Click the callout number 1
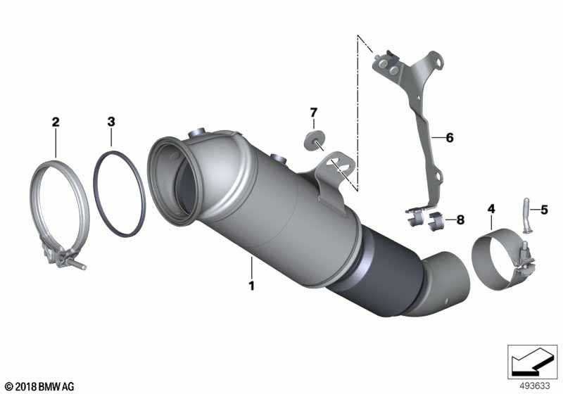(x=252, y=286)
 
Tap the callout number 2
(x=56, y=122)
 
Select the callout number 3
(x=111, y=122)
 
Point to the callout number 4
(x=491, y=209)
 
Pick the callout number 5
(x=544, y=210)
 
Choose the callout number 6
(x=450, y=137)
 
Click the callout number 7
(x=314, y=113)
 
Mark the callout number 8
(x=460, y=220)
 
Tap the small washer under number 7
(x=314, y=140)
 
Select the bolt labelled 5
(x=526, y=215)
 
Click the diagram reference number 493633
(x=534, y=386)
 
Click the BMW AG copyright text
(x=40, y=386)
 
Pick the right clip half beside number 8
(x=437, y=220)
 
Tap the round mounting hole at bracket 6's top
(x=438, y=62)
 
